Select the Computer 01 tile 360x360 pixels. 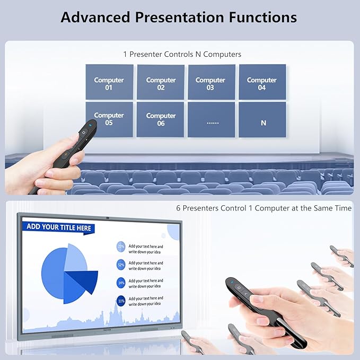click(x=109, y=82)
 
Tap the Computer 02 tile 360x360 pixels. click(x=161, y=82)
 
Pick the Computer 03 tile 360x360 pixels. click(x=210, y=82)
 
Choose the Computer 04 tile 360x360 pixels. click(x=262, y=82)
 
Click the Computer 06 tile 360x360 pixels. click(x=161, y=119)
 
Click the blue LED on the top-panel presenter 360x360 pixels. click(x=91, y=126)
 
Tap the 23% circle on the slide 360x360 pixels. click(x=121, y=247)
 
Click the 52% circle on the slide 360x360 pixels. click(x=121, y=265)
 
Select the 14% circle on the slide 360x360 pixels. click(x=121, y=283)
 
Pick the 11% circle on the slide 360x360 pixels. click(x=121, y=301)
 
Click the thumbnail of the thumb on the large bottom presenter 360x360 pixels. click(x=257, y=300)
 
